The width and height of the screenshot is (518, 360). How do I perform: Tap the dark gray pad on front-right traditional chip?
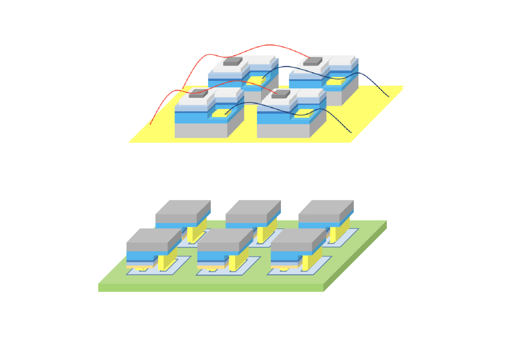281,94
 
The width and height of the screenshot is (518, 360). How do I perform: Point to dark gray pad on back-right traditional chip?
312,62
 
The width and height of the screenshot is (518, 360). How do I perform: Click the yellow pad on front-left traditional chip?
219,114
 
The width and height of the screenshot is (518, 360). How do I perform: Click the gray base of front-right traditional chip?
282,130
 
